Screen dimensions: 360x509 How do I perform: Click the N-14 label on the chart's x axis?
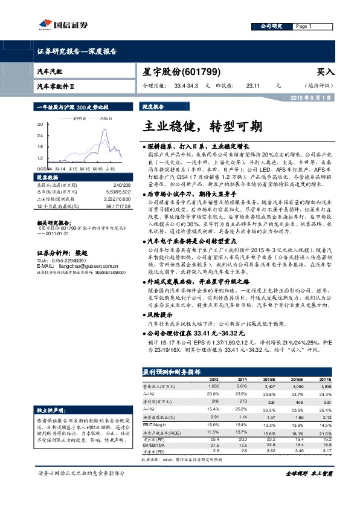pos(60,169)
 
